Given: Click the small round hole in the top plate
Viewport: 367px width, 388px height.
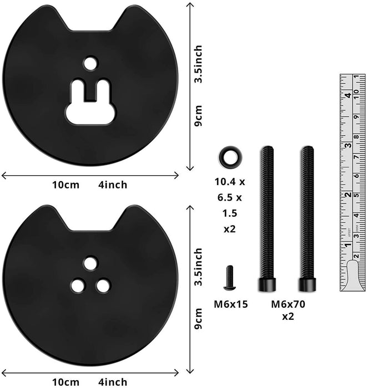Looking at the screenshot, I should coord(90,63).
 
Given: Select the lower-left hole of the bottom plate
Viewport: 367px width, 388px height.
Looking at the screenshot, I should coord(78,285).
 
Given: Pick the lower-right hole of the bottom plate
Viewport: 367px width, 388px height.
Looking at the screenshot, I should coord(103,285).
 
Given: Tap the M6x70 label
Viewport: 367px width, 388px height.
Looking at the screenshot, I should coord(288,304).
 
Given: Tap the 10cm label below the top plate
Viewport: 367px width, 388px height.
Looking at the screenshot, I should coord(65,185).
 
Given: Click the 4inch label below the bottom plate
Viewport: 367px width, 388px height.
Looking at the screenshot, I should coord(112,382).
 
